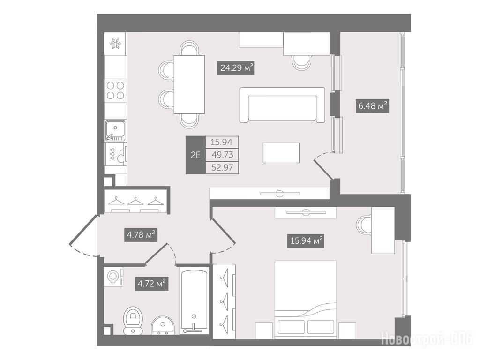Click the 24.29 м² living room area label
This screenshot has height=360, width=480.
coord(236,68)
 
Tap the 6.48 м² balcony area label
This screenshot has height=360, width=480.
coord(372,106)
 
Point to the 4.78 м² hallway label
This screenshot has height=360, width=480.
coord(141,235)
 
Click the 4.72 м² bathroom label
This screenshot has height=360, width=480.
coord(151,284)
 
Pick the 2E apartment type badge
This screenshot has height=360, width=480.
coord(195,155)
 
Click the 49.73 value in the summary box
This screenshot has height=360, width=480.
coord(222,155)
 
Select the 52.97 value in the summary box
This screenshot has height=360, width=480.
coord(222,168)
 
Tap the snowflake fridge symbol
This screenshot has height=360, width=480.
coord(115,44)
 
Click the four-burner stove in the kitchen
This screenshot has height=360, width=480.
coord(115,90)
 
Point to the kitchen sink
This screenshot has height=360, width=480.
coord(115,131)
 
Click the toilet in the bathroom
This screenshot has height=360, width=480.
coord(133,320)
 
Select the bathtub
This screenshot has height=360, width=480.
coord(194,301)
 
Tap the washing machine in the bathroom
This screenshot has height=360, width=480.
coord(114,277)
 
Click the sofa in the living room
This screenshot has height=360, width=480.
coord(282,105)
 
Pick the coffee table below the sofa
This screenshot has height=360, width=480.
coord(281,153)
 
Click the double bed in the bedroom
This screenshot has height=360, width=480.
coord(306,300)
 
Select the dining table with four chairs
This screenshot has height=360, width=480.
coord(189,84)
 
